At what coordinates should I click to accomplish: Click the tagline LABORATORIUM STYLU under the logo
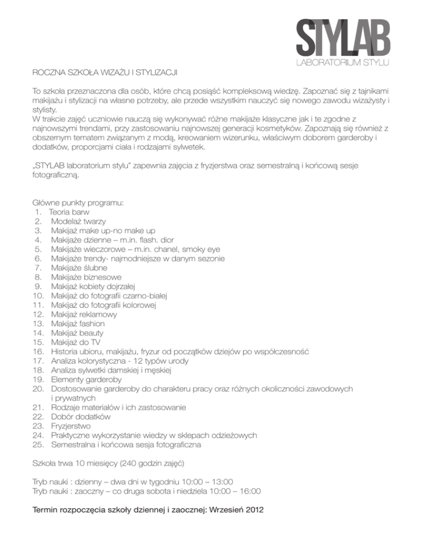pos(343,63)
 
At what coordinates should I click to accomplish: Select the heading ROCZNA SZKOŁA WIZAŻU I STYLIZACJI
pos(104,72)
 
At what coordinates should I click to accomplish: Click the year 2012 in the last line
pos(252,510)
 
